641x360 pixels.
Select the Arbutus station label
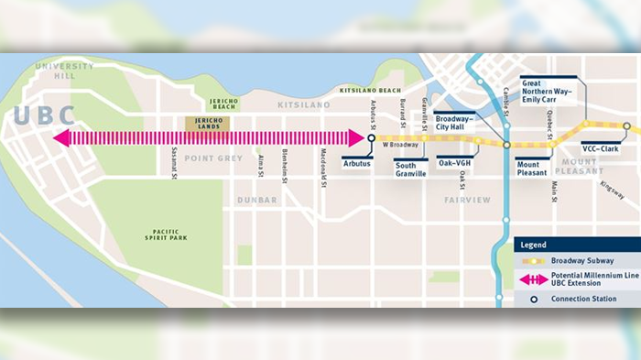pos(357,163)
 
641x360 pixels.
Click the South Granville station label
pos(410,169)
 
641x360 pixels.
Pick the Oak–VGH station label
pos(453,163)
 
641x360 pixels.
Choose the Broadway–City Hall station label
pos(455,123)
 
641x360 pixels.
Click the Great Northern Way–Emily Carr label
pos(549,88)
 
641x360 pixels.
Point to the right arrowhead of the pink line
pos(357,138)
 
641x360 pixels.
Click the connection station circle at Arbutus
pos(372,138)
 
